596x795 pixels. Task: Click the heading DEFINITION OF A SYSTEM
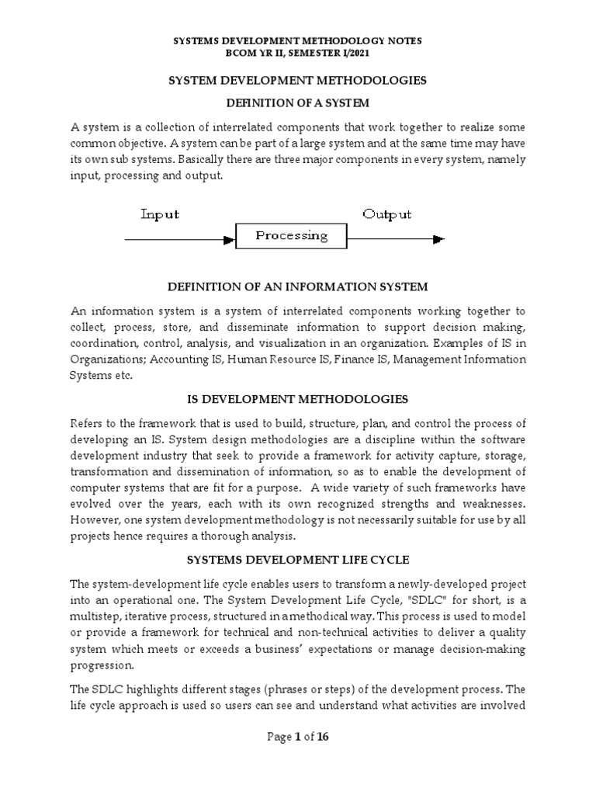(297, 102)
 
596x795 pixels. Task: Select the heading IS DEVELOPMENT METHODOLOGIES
(298, 399)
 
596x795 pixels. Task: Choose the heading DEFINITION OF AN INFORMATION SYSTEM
(298, 286)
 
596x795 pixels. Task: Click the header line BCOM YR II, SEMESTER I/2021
(298, 53)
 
